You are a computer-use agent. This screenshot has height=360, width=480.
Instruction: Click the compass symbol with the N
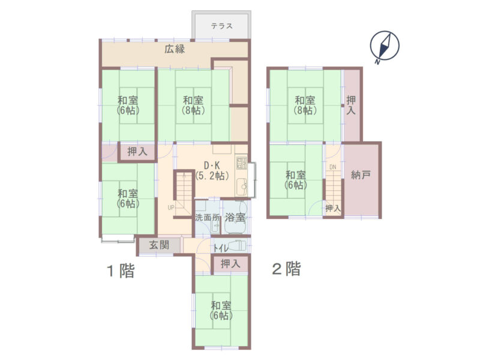tap(385, 47)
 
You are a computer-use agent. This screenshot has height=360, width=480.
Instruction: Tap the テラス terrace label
tap(221, 26)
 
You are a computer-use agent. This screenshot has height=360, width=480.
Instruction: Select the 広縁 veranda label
tap(175, 49)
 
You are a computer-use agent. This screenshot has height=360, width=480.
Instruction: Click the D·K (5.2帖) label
tap(212, 170)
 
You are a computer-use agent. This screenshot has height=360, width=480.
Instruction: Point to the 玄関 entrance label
tap(159, 245)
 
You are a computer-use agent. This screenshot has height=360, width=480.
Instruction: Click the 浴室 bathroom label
tap(235, 217)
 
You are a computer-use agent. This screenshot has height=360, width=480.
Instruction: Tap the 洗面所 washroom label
tap(208, 218)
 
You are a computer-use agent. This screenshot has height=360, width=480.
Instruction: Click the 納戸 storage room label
tap(361, 175)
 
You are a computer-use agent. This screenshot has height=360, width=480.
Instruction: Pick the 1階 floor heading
tap(121, 271)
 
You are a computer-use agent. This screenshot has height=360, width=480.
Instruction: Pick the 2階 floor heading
tap(287, 269)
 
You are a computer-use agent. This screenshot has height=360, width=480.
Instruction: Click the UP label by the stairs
tap(171, 208)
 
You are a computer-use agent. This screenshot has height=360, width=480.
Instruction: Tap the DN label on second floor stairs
tap(333, 167)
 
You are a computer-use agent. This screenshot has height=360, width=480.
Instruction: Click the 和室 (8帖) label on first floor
tap(193, 105)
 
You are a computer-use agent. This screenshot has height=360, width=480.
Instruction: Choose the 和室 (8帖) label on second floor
tap(305, 105)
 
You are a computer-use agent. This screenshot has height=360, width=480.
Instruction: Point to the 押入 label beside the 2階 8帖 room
tap(351, 106)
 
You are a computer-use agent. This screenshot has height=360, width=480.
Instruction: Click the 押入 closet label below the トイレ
tap(230, 263)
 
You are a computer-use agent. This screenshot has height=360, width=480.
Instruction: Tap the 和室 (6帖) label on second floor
tap(296, 180)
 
